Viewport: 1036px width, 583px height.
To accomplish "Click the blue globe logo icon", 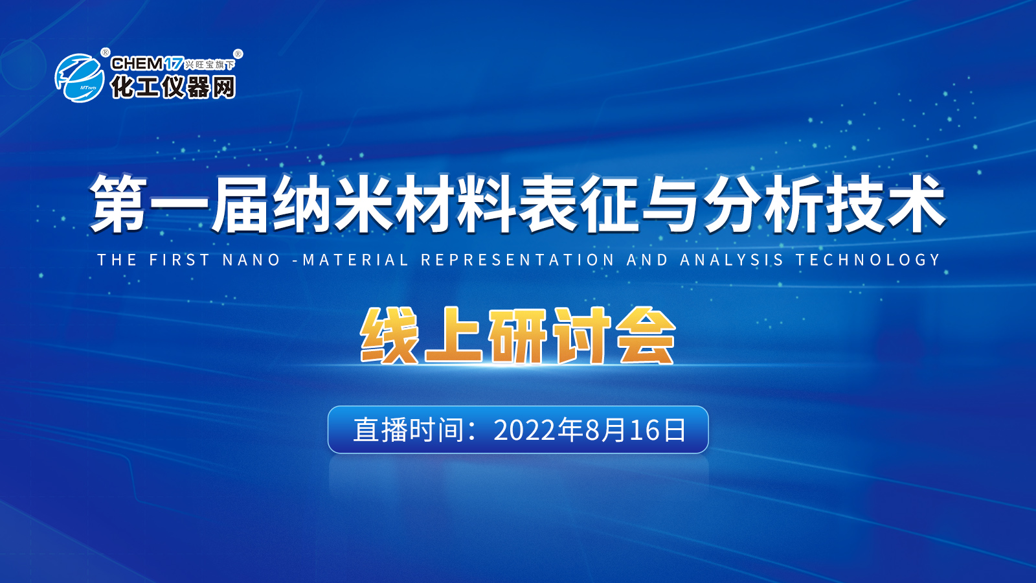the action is (80, 78).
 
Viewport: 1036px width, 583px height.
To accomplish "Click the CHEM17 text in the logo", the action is (147, 63).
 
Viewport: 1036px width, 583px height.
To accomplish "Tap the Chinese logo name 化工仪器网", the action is (173, 87).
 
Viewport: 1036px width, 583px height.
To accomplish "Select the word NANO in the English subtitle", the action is (251, 260).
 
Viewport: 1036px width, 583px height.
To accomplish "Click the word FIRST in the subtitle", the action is (180, 260).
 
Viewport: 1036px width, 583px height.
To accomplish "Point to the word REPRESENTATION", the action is (517, 260).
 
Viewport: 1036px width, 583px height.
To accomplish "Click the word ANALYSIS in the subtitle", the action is (732, 260).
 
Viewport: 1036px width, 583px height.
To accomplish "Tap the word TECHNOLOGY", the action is (868, 260).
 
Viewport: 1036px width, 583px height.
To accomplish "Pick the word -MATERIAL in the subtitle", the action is (350, 260).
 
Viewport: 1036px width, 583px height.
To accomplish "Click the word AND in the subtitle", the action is (647, 260).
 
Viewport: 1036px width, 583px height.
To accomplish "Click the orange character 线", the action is (389, 336).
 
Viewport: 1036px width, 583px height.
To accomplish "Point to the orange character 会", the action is (647, 336).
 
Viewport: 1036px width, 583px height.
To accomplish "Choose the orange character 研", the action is (518, 336).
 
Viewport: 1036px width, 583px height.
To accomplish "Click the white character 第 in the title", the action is (118, 203).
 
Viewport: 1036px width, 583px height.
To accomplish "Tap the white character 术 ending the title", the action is (916, 203).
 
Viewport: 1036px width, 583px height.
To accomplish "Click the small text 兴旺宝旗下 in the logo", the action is (210, 65).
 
